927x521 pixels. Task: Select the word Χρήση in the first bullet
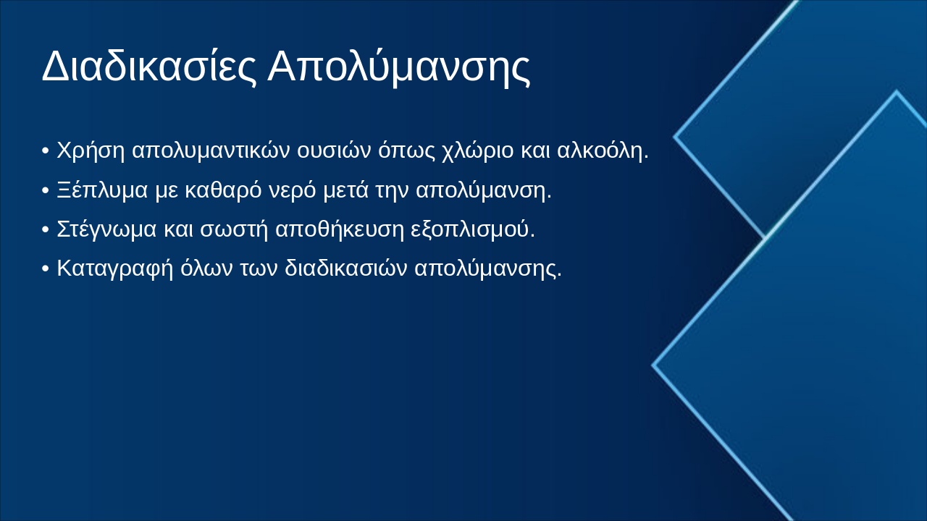click(x=91, y=151)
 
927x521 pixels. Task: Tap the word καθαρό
click(x=222, y=190)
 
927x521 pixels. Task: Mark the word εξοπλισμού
click(x=472, y=229)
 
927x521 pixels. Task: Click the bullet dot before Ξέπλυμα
click(x=45, y=191)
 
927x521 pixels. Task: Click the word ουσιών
click(x=335, y=151)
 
